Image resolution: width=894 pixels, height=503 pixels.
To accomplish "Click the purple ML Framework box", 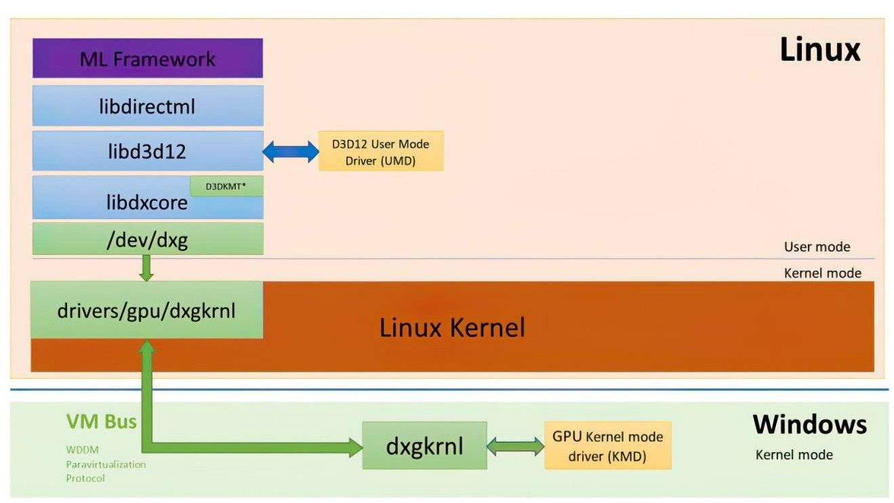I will point(147,58).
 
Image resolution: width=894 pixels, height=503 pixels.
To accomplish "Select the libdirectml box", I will point(147,106).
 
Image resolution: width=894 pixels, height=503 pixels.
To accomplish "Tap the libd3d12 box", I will point(147,151).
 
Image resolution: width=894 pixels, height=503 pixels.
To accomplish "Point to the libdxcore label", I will point(147,202).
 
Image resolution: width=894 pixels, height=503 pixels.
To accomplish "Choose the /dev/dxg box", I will point(147,239).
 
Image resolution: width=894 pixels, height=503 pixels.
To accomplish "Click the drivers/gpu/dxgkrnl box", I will point(147,310).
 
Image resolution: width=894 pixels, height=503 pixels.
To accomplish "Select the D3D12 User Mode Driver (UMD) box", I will point(381,151).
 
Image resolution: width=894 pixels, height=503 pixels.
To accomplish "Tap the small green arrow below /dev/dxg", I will point(146,268).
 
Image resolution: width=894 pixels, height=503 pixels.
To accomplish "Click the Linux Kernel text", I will point(452,328).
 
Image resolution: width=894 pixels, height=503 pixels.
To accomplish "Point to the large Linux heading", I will point(819,49).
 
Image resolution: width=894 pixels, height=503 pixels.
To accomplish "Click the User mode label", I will point(817,247).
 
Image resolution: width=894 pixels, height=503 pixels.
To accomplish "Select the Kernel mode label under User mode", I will point(822,273).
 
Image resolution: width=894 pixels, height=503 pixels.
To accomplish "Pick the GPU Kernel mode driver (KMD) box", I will point(607,446).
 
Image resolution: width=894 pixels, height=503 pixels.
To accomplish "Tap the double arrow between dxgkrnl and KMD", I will point(516,446).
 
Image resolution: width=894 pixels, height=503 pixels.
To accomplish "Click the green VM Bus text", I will point(101,422).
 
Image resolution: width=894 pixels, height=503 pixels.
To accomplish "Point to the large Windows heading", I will point(809,424).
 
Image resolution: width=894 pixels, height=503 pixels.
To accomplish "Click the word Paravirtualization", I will point(106,464).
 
